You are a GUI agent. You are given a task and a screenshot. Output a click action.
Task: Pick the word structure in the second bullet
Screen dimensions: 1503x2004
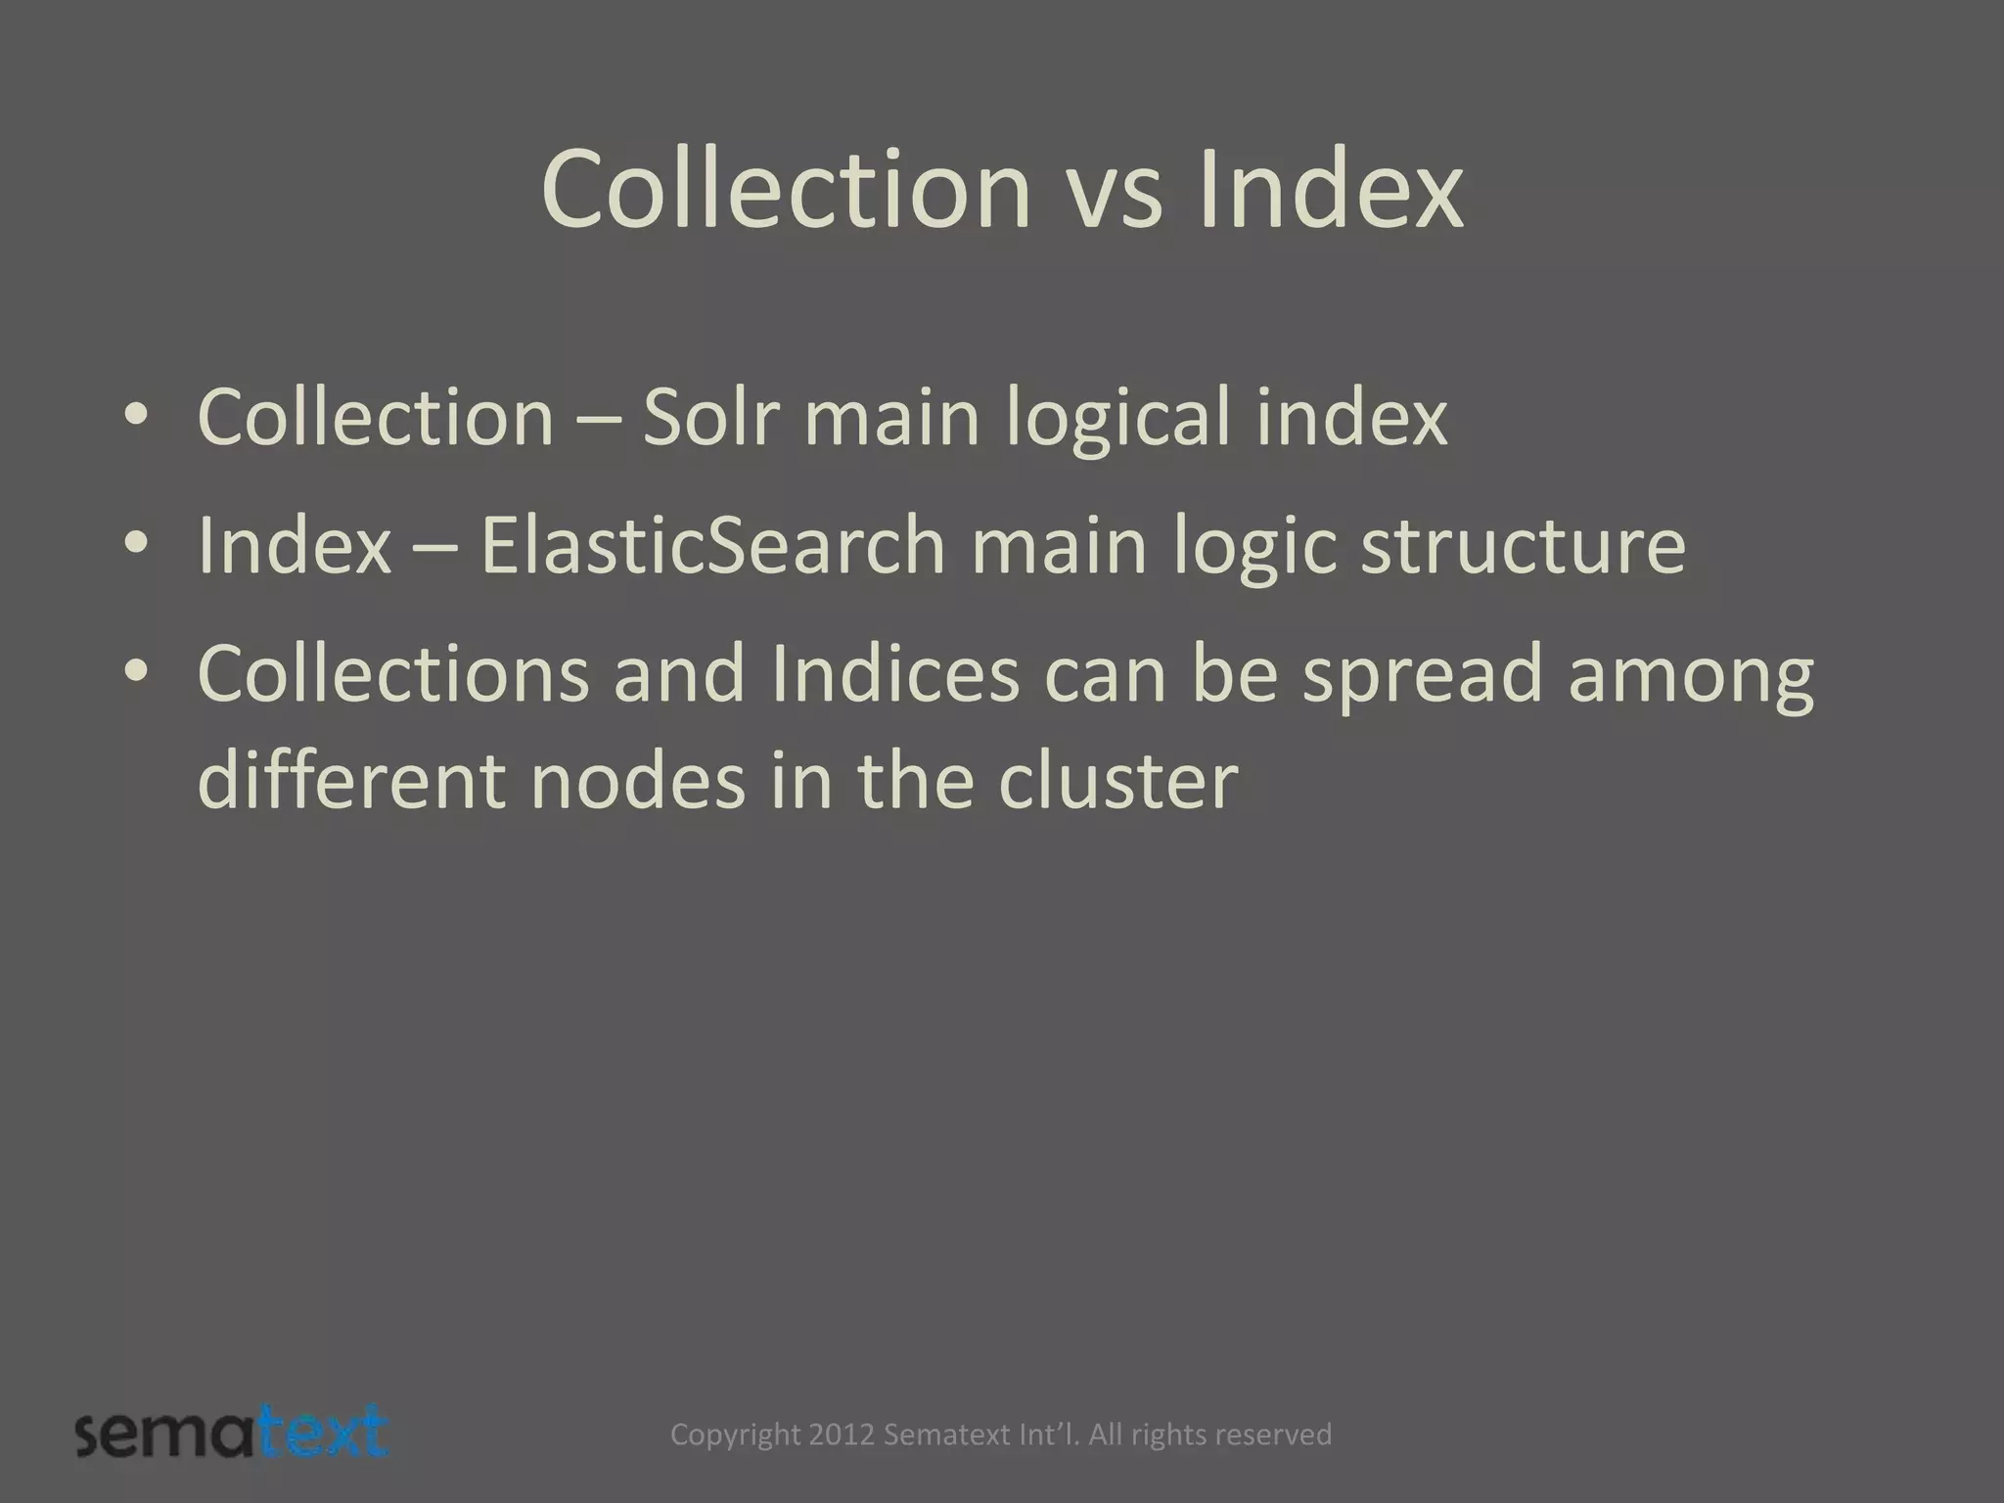(1524, 545)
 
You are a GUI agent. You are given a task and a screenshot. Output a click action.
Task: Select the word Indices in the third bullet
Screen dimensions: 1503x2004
(895, 674)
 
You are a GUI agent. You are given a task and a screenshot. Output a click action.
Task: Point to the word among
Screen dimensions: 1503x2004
(1691, 674)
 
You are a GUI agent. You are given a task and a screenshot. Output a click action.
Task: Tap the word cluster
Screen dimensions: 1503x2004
(1117, 780)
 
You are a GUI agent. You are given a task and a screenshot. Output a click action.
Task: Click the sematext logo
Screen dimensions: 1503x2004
(232, 1435)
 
